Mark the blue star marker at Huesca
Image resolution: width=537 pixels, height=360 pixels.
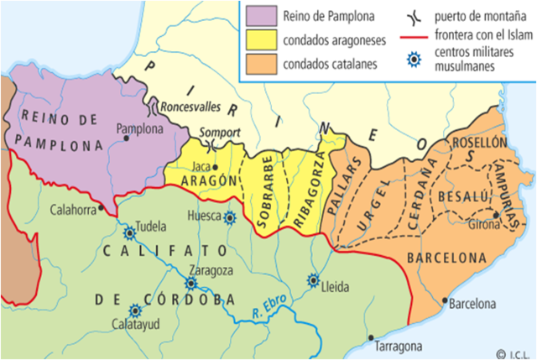[229, 217]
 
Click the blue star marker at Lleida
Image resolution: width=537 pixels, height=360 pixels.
[314, 280]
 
